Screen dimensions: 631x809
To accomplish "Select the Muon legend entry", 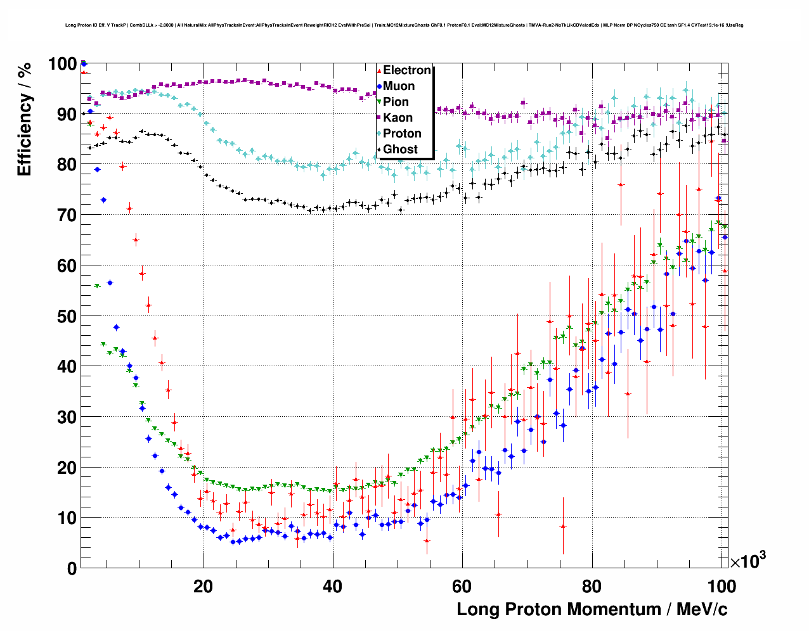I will [x=399, y=86].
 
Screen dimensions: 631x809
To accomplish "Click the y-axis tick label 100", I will [x=62, y=64].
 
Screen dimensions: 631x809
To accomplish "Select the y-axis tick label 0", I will [x=72, y=568].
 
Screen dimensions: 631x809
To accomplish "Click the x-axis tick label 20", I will [x=203, y=586].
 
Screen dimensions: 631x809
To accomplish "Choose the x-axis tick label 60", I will [x=462, y=586].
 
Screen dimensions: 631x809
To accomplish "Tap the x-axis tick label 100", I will [x=721, y=586].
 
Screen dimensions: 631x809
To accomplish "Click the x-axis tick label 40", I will [x=332, y=586].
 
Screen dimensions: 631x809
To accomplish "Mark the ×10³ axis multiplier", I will [x=748, y=561].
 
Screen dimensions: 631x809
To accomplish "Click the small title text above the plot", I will [x=404, y=25].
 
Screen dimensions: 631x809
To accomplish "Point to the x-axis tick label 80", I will [x=592, y=586].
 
